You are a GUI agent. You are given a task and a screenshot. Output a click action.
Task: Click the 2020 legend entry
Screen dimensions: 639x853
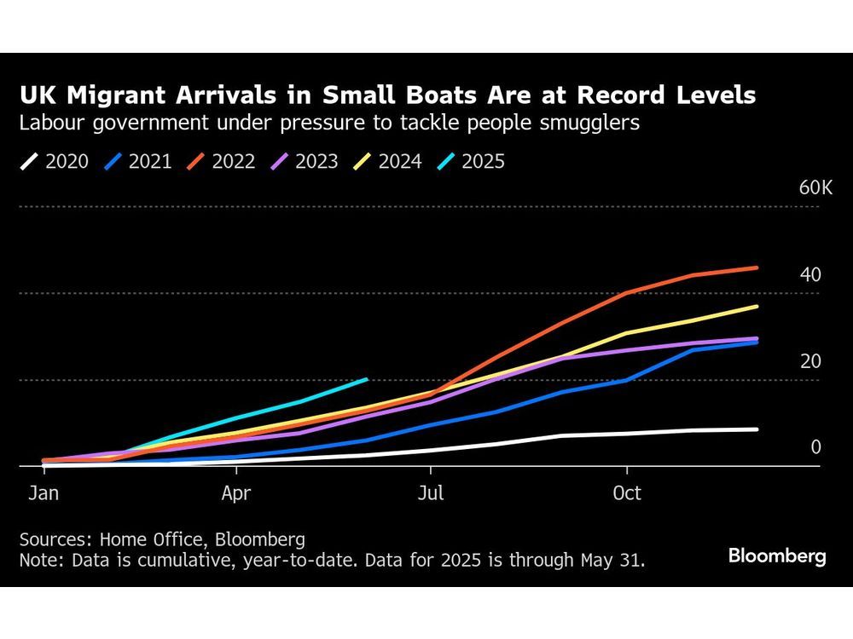tap(56, 161)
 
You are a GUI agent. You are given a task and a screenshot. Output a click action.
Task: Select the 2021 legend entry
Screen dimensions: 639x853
tap(139, 161)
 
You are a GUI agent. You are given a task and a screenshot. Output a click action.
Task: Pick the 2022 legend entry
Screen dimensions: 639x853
tap(223, 161)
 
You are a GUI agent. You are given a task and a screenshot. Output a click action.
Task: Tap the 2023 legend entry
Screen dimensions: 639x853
tap(305, 161)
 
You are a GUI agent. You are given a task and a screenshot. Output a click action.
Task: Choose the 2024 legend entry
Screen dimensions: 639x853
tap(389, 161)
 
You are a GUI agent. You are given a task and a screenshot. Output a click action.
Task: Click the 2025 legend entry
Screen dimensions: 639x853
tap(472, 161)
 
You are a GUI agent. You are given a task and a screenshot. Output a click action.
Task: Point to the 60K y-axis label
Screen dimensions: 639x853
tap(815, 187)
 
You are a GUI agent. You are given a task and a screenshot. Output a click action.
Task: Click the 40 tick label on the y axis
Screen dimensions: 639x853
tap(810, 274)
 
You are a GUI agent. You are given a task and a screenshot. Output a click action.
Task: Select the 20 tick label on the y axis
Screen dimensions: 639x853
tap(810, 361)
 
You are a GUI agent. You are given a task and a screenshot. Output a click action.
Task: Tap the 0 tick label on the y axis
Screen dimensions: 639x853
tap(815, 447)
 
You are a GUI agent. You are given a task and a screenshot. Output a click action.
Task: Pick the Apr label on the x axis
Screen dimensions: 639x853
tap(235, 493)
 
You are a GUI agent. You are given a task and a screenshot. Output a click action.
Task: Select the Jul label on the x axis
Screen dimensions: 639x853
tap(431, 493)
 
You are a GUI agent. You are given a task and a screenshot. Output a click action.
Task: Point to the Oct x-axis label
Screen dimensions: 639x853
tap(627, 493)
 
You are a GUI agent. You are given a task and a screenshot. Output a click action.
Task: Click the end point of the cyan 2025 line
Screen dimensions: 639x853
tap(366, 379)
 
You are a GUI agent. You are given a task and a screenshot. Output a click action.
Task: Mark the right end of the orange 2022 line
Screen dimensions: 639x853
tap(757, 268)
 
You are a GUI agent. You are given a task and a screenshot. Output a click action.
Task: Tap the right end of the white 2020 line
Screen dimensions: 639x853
tap(757, 429)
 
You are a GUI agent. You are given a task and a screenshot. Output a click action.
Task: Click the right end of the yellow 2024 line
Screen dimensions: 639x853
tap(757, 306)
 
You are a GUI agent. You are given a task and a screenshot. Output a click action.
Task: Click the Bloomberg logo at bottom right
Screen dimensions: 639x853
tap(777, 556)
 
